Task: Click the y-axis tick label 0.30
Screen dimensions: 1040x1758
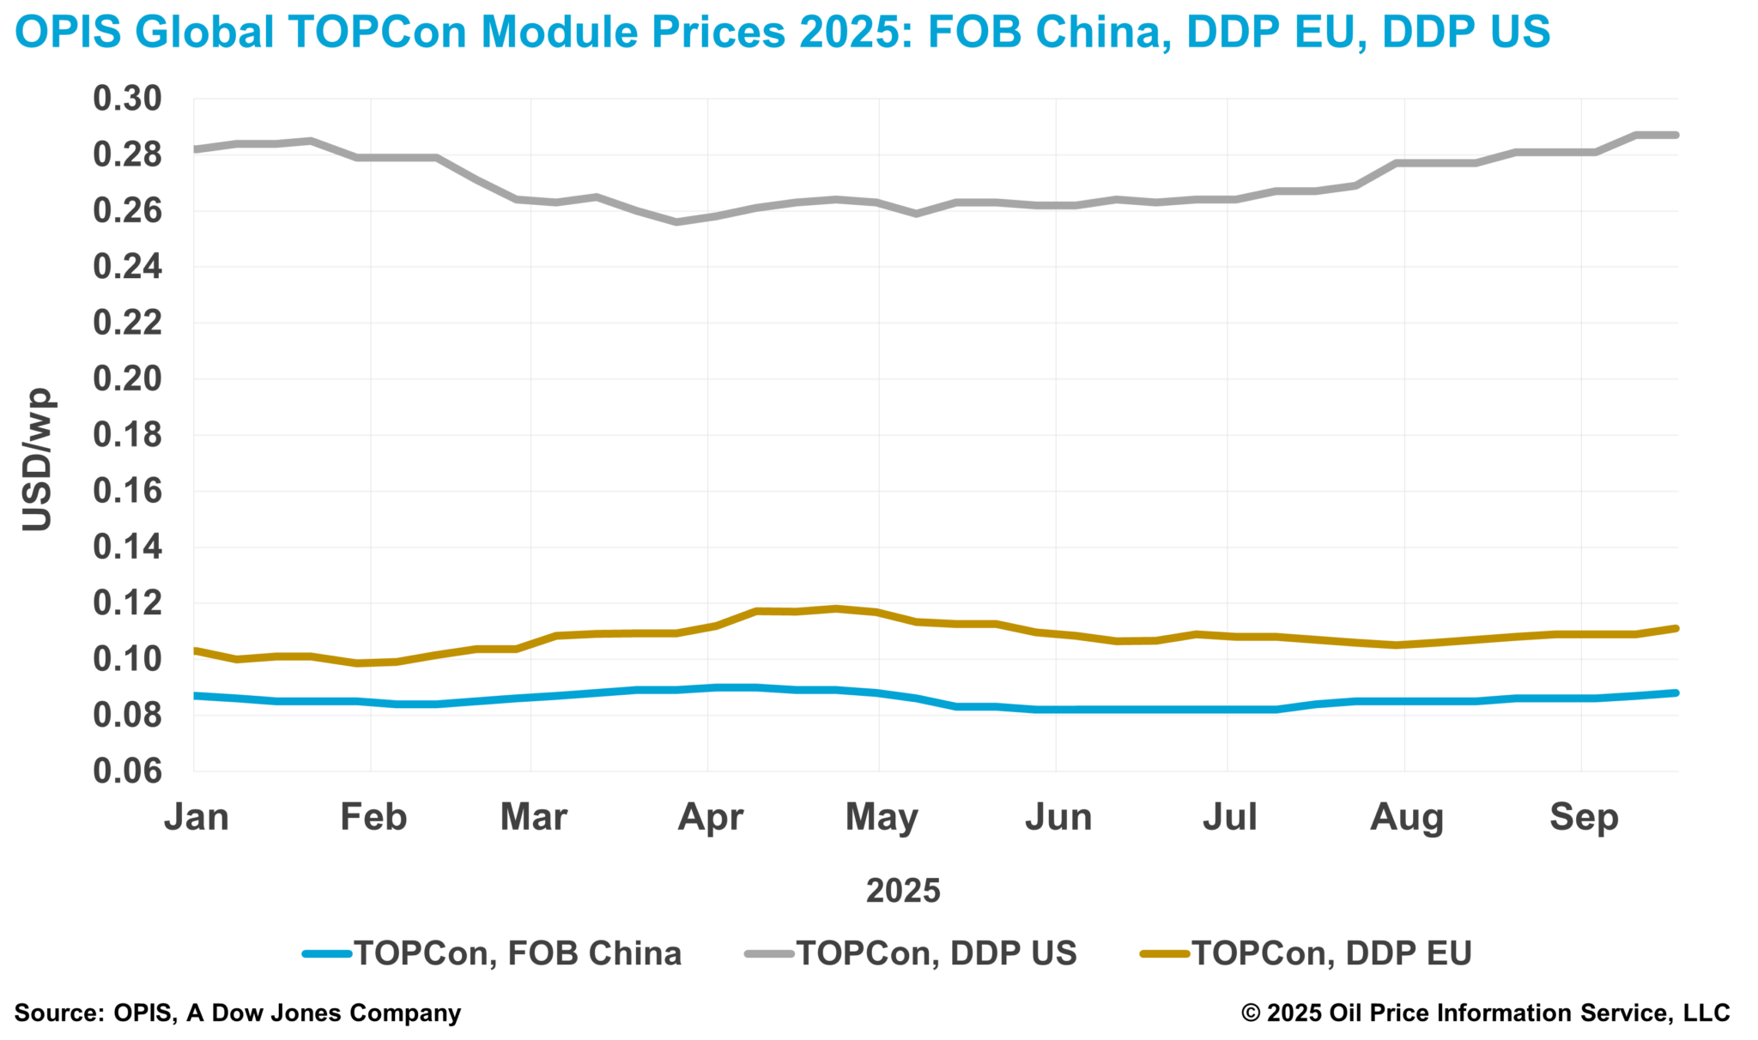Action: pos(127,100)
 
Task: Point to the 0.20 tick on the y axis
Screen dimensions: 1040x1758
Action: pos(127,379)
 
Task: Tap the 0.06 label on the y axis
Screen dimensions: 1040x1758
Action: pos(127,771)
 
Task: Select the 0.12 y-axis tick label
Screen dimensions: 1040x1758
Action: pos(127,603)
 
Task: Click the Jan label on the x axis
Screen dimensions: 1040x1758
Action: pos(197,817)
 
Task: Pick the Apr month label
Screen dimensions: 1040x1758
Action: pos(711,817)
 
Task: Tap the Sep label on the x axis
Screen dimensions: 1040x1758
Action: pos(1584,817)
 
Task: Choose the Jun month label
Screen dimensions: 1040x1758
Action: pos(1058,817)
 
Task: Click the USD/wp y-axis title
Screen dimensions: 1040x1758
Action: pos(38,460)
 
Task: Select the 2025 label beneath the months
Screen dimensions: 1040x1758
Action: pos(903,891)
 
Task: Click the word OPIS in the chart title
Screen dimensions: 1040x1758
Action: pos(68,32)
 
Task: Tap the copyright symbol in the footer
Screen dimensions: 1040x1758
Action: pos(1251,1013)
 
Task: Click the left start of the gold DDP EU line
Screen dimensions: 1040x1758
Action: pos(195,650)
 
